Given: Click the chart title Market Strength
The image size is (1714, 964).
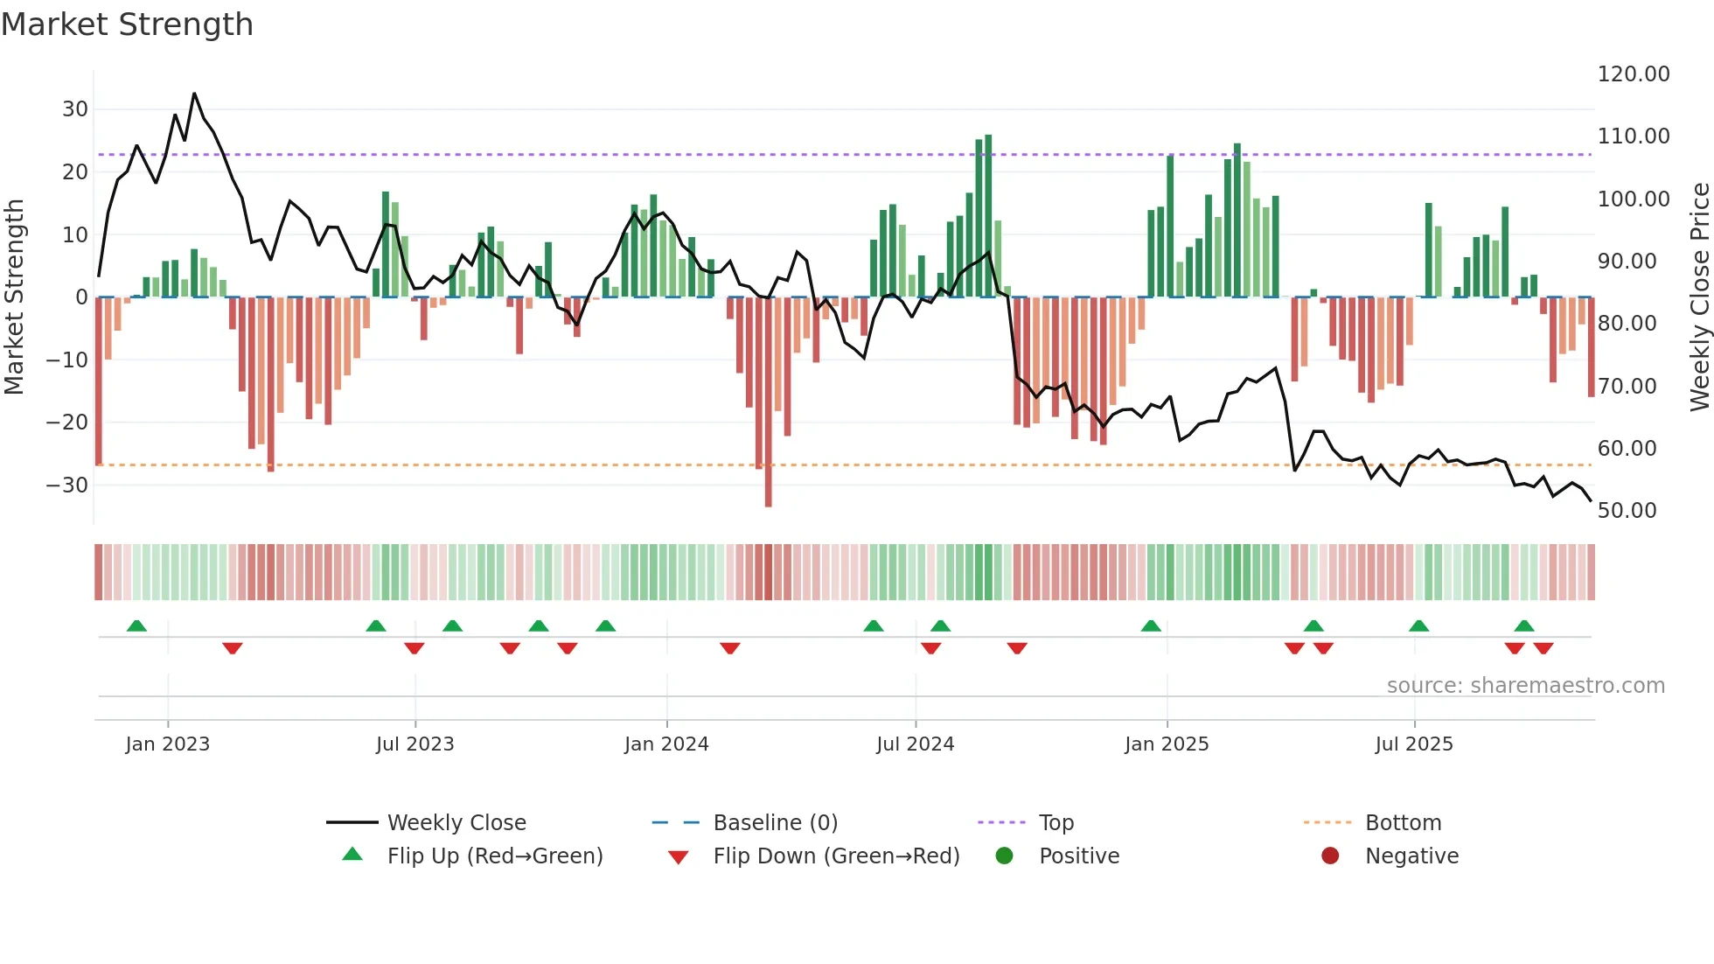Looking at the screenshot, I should (x=127, y=24).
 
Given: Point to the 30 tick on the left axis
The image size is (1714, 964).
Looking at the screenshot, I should (x=75, y=109).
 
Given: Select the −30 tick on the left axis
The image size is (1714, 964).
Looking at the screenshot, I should (x=67, y=485).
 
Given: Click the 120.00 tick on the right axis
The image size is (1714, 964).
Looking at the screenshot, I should (x=1633, y=74).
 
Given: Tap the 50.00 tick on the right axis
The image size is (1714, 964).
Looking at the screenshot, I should (x=1627, y=511).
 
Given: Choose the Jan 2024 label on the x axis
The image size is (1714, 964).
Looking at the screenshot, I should (x=666, y=744).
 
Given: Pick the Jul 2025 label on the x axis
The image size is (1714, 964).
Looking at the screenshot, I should (x=1413, y=744).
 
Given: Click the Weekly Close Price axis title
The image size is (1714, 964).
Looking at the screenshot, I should (x=1699, y=297).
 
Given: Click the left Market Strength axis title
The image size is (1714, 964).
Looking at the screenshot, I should (x=14, y=297).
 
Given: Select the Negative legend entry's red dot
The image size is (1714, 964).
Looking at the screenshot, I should (x=1330, y=856).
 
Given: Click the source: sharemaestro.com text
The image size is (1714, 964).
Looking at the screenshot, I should (x=1525, y=686).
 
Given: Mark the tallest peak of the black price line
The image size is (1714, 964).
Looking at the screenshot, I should (x=194, y=94).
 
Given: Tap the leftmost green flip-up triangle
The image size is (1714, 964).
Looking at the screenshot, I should (x=136, y=625).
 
